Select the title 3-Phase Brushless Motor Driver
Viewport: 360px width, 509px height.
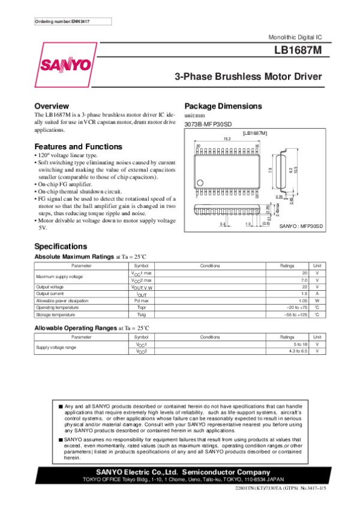(x=248, y=77)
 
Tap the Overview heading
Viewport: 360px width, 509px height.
(x=56, y=106)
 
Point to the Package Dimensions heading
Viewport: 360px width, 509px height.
(x=223, y=106)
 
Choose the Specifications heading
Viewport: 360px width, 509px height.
(x=61, y=246)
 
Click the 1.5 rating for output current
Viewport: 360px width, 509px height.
(x=304, y=294)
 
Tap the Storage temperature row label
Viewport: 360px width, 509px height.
(x=56, y=314)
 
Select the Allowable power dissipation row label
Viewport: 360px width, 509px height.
(x=64, y=300)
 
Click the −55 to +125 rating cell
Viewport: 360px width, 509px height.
(x=295, y=314)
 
